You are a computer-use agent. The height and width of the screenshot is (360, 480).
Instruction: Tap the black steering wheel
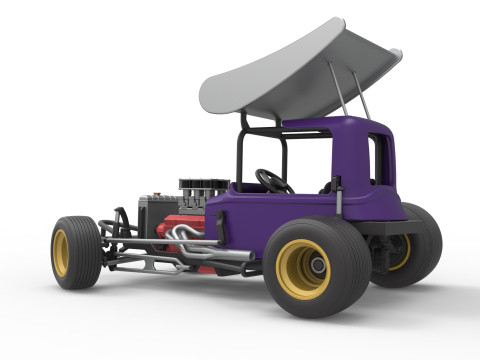(272, 181)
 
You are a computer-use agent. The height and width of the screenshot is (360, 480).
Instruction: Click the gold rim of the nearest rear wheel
(302, 269)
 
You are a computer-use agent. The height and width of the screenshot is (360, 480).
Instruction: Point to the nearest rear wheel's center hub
(315, 267)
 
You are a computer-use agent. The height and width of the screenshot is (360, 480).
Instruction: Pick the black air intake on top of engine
(204, 188)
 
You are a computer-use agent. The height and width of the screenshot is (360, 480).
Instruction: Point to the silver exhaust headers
(185, 234)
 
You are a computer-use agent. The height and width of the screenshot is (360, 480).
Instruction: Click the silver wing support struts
(344, 90)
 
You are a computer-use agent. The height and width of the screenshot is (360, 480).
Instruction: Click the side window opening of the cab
(378, 160)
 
